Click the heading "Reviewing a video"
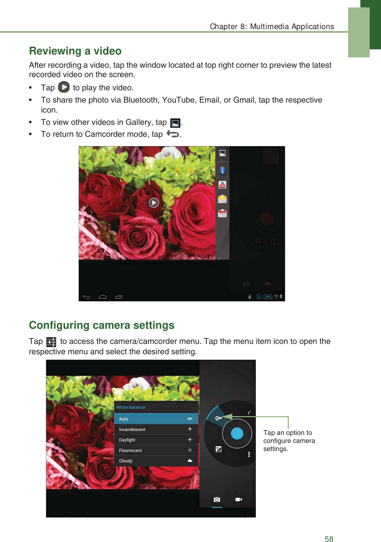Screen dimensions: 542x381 coord(75,51)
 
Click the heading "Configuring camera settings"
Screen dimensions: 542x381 coord(102,325)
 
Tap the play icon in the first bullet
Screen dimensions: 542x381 coord(64,87)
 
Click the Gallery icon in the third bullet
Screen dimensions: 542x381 coord(175,123)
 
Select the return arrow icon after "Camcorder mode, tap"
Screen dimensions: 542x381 coord(173,134)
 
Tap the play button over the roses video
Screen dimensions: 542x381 coord(154,203)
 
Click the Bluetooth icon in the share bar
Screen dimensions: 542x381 coord(222,170)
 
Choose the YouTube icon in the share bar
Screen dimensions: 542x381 coord(222,185)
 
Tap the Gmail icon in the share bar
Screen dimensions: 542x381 coord(222,213)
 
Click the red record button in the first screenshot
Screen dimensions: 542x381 coord(266,218)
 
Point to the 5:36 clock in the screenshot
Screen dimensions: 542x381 coord(264,296)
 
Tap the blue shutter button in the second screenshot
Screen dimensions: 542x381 coord(237,433)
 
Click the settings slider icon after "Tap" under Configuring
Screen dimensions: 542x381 coord(51,342)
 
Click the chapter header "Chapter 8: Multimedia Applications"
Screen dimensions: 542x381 coord(272,26)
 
